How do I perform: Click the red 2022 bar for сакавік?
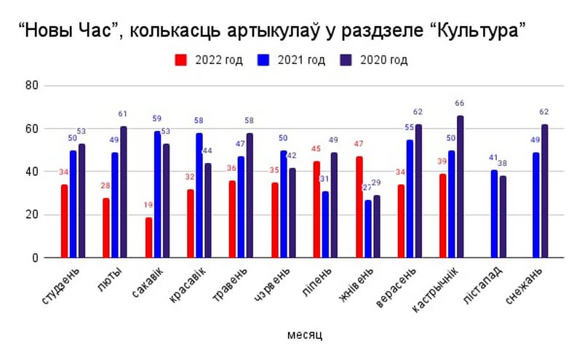coord(148,237)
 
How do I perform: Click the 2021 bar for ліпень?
coord(325,224)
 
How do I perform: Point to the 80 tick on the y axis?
coord(31,86)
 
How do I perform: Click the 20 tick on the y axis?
coord(31,215)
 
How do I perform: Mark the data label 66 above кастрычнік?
coord(459,103)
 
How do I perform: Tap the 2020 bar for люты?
coord(124,192)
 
